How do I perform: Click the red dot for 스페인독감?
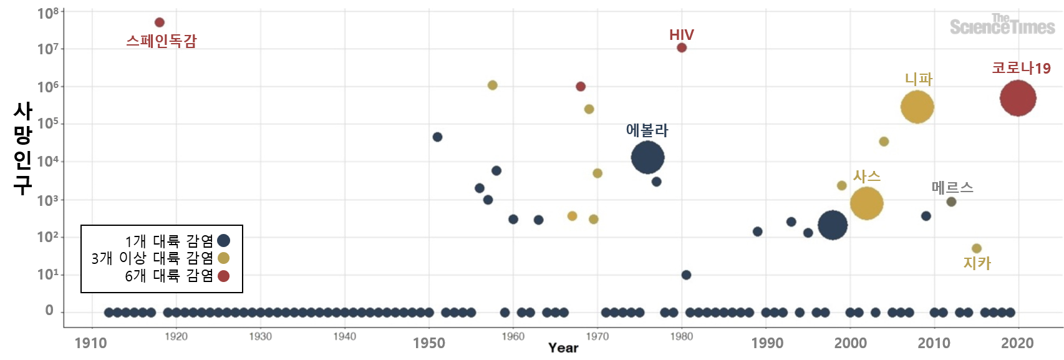click(159, 22)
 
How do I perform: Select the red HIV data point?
click(682, 47)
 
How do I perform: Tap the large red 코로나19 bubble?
click(1018, 98)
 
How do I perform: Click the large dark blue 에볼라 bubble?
click(647, 157)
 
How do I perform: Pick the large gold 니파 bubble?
click(917, 107)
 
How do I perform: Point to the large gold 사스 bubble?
click(866, 203)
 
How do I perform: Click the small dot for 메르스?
click(951, 202)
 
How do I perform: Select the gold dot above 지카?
click(977, 248)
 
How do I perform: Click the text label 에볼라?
click(647, 130)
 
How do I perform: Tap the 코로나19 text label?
click(1021, 68)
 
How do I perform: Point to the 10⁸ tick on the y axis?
click(47, 12)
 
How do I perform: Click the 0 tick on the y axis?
click(49, 311)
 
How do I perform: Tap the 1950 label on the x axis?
click(428, 343)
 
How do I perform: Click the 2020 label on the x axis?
click(1017, 343)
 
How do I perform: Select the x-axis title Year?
click(563, 348)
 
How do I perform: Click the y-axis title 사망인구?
click(22, 148)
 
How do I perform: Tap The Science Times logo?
click(1002, 25)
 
